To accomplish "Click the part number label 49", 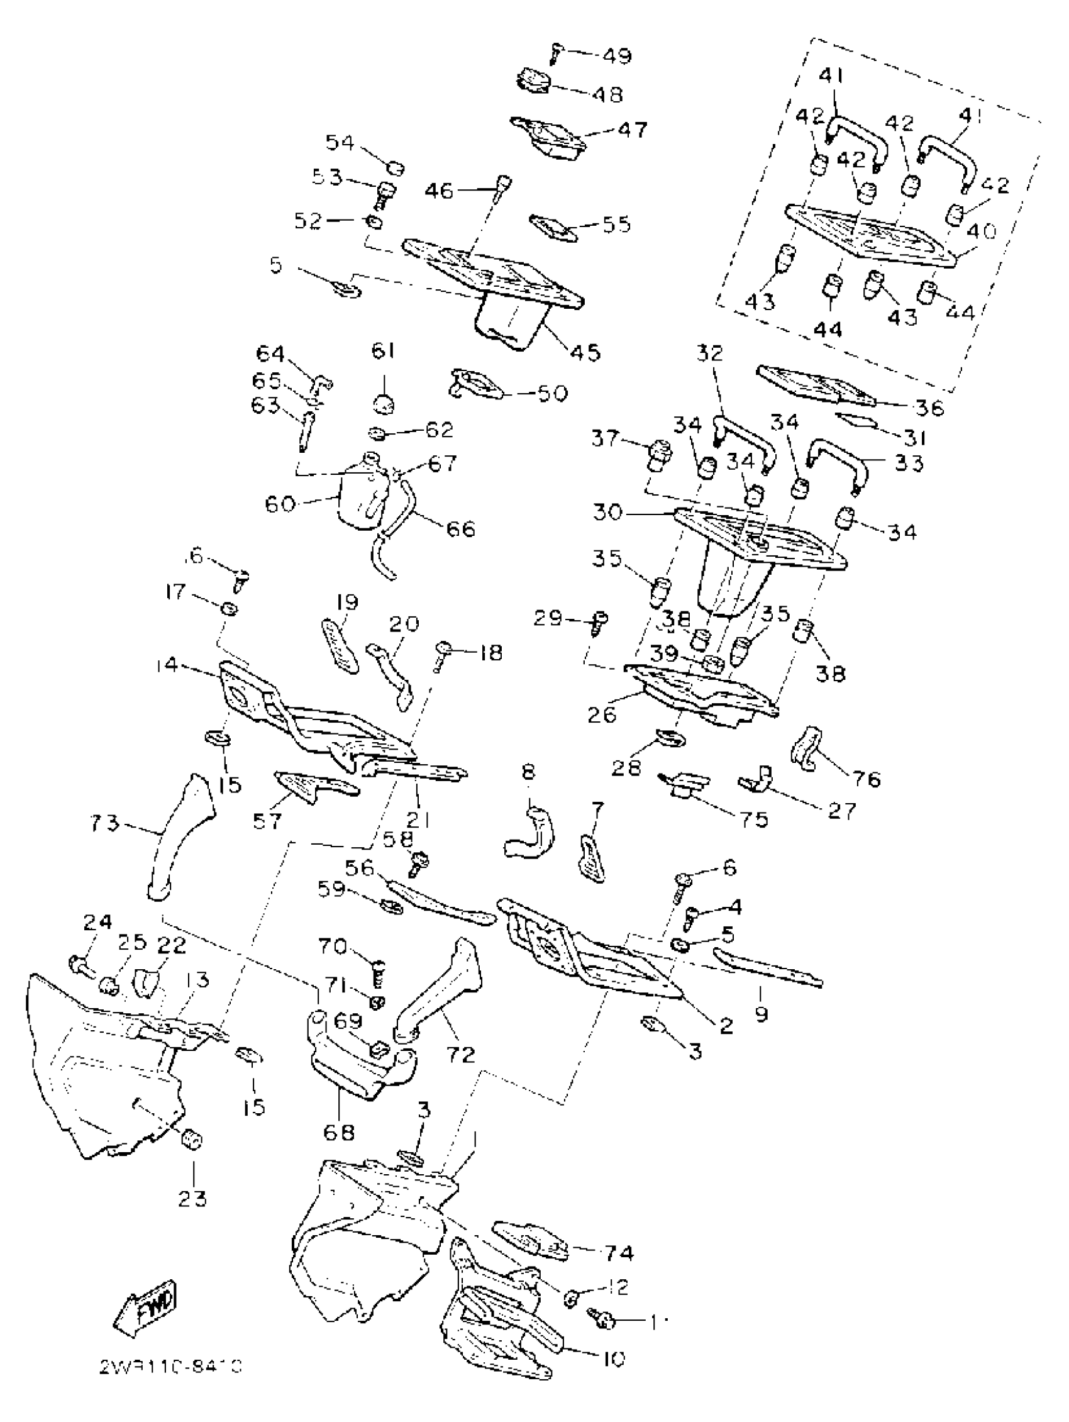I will [616, 56].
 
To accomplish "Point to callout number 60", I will [281, 503].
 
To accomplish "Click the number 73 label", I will [105, 823].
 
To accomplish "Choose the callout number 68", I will [339, 1132].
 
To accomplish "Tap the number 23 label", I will [192, 1198].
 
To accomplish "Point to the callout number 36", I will [929, 408].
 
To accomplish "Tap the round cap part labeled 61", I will [384, 404].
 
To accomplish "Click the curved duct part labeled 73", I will [177, 836].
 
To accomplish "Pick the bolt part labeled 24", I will [78, 964].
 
